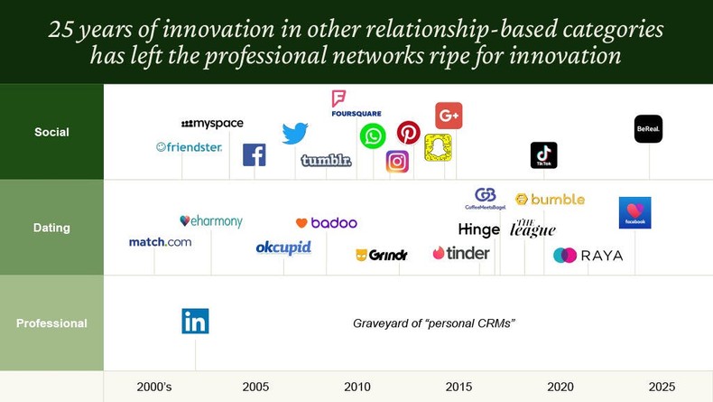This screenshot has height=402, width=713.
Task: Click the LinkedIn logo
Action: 195,322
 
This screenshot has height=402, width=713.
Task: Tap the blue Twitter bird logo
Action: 294,133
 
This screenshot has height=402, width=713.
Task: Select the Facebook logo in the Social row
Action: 254,154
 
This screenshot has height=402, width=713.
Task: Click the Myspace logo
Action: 212,124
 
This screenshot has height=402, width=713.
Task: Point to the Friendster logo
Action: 189,146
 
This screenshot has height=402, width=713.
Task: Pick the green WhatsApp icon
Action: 373,136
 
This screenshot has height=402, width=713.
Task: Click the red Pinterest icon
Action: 409,133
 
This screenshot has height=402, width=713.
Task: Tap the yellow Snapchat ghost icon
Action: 438,147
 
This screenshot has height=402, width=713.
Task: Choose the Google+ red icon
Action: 449,116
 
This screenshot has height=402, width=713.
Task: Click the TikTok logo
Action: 543,155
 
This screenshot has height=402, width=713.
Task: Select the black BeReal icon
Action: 648,129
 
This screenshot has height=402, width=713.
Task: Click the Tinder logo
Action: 460,253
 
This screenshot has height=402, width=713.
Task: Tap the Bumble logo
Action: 550,199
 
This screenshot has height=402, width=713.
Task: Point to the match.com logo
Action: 160,242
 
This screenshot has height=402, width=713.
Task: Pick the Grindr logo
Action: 382,256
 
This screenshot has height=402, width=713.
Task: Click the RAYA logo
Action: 588,256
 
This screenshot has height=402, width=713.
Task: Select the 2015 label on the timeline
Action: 458,387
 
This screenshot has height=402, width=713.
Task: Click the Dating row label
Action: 51,228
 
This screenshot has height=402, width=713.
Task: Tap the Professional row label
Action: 51,323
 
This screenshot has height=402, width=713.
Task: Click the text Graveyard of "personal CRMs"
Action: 433,323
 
